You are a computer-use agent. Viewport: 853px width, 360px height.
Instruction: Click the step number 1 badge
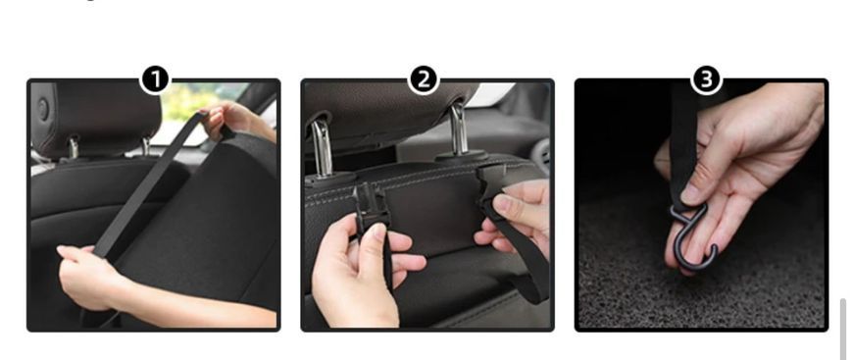(x=155, y=80)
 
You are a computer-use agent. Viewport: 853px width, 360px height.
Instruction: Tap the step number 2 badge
(x=424, y=80)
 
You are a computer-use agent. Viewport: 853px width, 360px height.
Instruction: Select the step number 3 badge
(x=706, y=80)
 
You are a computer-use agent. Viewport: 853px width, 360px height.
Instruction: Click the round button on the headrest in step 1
(x=42, y=109)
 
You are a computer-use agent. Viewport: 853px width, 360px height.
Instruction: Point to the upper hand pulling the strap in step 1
(x=234, y=121)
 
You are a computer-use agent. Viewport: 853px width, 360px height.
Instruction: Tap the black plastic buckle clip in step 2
(x=371, y=208)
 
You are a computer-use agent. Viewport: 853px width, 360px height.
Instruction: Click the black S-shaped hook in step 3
(x=693, y=234)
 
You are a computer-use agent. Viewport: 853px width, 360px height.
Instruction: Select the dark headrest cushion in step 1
(x=97, y=117)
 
